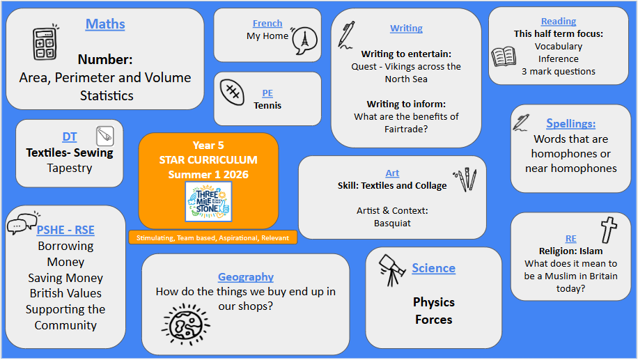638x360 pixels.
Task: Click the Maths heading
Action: point(105,24)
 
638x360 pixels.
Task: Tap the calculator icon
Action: point(45,42)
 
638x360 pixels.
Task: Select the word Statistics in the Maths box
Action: point(107,95)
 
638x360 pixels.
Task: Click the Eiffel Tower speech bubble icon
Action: point(304,40)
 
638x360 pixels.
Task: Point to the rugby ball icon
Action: point(232,92)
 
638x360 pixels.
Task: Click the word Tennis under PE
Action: point(267,105)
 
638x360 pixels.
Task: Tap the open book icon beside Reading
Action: point(504,56)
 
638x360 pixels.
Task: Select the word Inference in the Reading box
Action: point(559,59)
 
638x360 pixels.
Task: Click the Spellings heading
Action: point(570,123)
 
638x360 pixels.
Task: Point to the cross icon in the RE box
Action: point(609,230)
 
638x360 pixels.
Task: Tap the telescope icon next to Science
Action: point(391,269)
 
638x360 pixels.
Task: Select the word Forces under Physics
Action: point(434,320)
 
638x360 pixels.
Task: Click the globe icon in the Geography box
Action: point(186,324)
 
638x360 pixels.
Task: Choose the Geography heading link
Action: point(246,277)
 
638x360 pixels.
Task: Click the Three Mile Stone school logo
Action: point(208,202)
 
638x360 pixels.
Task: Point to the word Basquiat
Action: point(392,224)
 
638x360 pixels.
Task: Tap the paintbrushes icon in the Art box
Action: point(465,179)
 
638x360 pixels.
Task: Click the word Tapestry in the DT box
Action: point(70,168)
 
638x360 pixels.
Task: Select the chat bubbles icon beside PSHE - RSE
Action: point(23,223)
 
